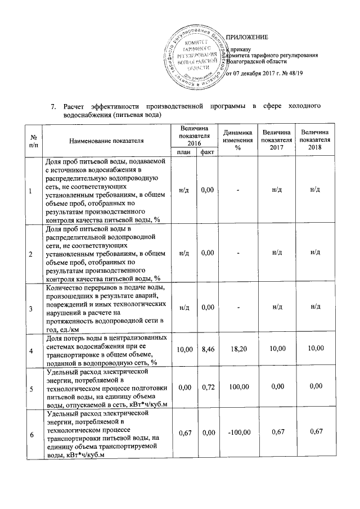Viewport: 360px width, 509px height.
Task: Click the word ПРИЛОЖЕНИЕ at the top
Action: coord(247,38)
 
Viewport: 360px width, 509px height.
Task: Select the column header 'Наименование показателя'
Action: coord(107,140)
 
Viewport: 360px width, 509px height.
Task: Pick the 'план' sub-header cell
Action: coord(183,152)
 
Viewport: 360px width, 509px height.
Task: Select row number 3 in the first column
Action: coord(31,307)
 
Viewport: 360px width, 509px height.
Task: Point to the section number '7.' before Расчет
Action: coord(53,106)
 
